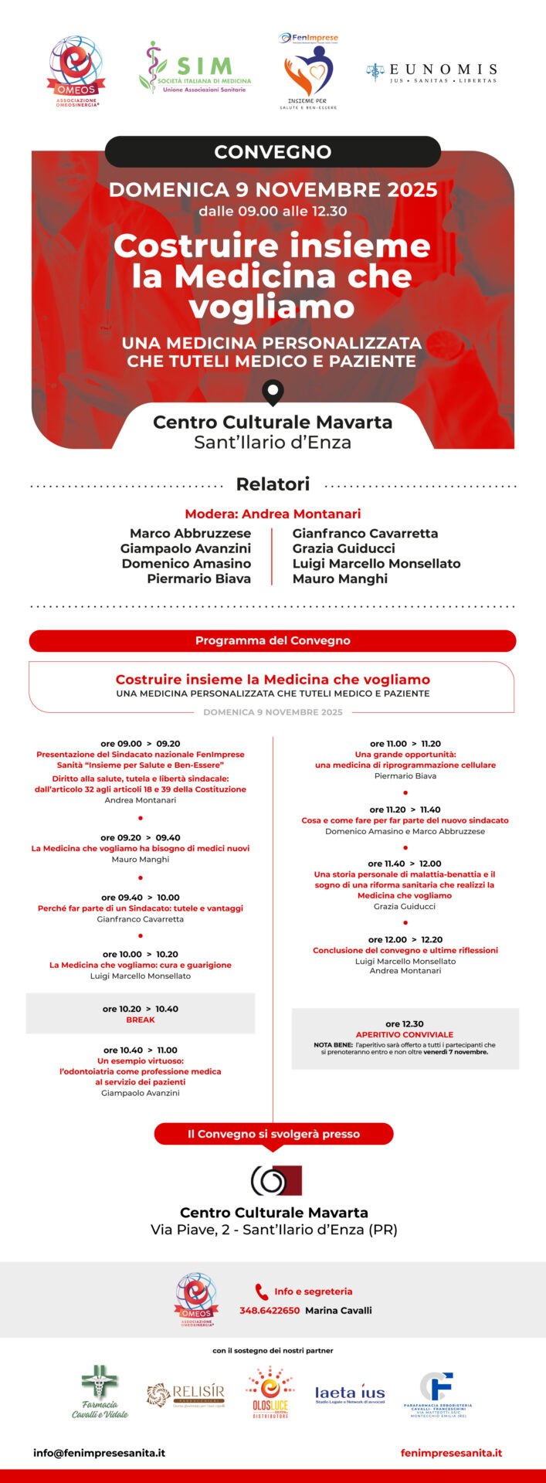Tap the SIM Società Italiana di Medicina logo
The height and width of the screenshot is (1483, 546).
pos(195,68)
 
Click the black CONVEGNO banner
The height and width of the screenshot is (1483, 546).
pos(273,151)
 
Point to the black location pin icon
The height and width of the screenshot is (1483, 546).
pos(273,392)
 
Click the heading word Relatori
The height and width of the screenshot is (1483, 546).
pos(273,484)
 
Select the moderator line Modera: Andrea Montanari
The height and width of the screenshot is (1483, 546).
pos(273,514)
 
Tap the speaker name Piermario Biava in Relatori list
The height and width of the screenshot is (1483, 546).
pos(198,579)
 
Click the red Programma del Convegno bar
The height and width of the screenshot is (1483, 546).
pos(273,640)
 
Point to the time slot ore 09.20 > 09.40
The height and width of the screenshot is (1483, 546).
pos(141,837)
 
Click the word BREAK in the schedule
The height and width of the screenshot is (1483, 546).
pos(141,1020)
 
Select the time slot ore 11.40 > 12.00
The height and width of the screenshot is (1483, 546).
pos(405,864)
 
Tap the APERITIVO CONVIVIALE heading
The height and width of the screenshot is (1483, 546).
pos(405,1034)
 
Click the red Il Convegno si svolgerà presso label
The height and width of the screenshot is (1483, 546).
pos(273,1134)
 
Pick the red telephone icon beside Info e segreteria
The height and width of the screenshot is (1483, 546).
pos(262,1291)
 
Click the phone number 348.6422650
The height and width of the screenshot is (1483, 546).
pos(270,1310)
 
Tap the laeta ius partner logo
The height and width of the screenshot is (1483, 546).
pos(349,1393)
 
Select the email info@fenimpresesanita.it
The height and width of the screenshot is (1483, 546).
pos(99,1452)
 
